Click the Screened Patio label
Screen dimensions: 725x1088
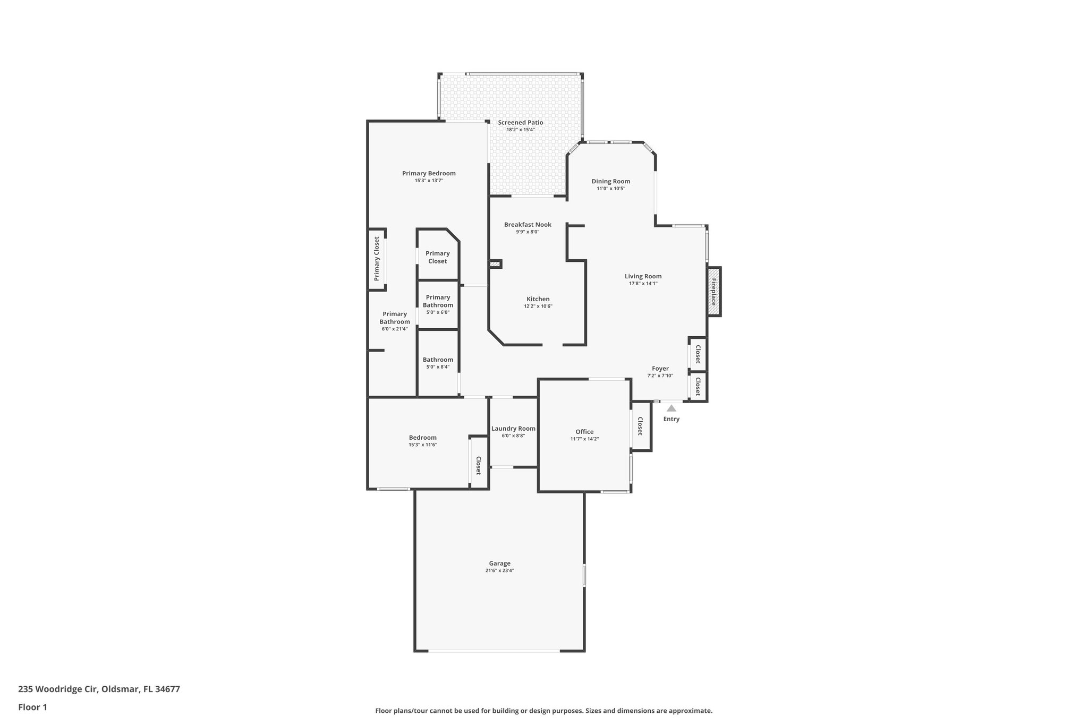pyautogui.click(x=520, y=123)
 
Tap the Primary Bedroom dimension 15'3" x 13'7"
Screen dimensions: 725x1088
pyautogui.click(x=429, y=181)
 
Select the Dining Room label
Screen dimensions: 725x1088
pyautogui.click(x=611, y=181)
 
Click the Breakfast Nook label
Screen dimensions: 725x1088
pyautogui.click(x=528, y=225)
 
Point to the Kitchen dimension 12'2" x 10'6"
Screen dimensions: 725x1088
pyautogui.click(x=538, y=306)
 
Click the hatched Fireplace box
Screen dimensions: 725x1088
pyautogui.click(x=713, y=292)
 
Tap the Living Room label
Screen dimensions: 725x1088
pyautogui.click(x=643, y=276)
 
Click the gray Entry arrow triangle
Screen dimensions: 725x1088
pyautogui.click(x=671, y=408)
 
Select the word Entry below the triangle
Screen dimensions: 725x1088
pyautogui.click(x=671, y=419)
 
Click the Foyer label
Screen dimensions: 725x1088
pyautogui.click(x=660, y=369)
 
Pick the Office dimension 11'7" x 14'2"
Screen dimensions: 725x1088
pyautogui.click(x=584, y=439)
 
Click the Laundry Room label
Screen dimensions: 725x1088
pyautogui.click(x=513, y=429)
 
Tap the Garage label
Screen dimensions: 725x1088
pyautogui.click(x=499, y=564)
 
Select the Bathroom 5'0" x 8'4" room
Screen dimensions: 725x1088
pyautogui.click(x=438, y=363)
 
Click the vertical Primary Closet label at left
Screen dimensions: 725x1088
pyautogui.click(x=377, y=259)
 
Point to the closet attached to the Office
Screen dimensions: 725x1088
pyautogui.click(x=640, y=426)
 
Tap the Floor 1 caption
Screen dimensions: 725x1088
pyautogui.click(x=33, y=707)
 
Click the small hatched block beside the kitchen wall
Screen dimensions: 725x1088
pyautogui.click(x=495, y=264)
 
